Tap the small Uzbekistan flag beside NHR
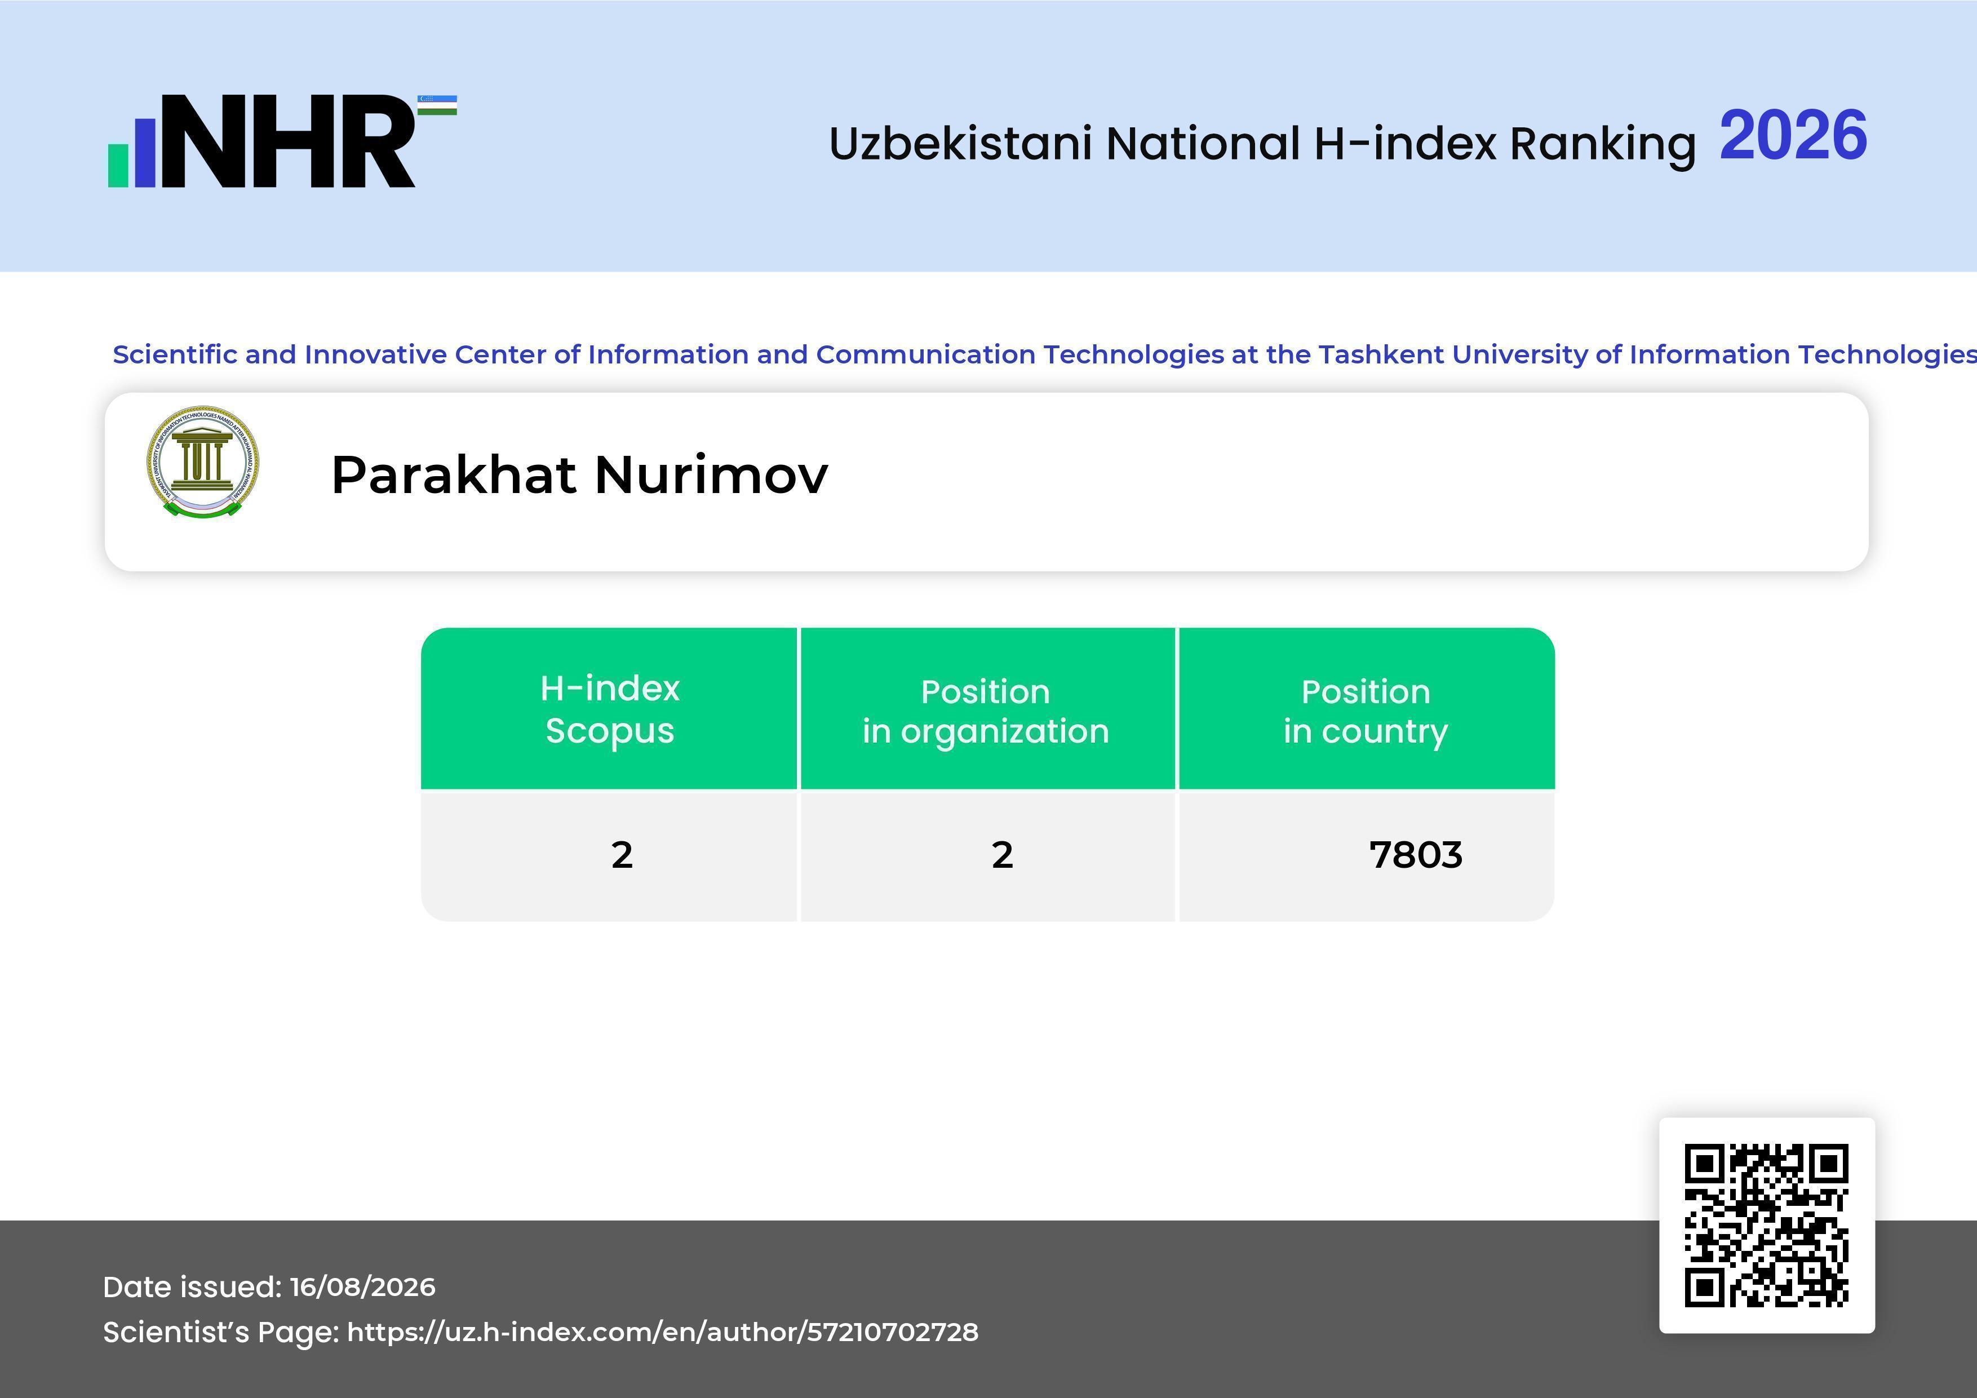click(437, 105)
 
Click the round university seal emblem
click(202, 462)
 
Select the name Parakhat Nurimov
click(579, 474)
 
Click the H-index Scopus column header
click(610, 709)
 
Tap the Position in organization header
click(986, 711)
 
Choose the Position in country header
click(1366, 711)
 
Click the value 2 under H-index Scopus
click(622, 855)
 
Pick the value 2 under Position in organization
click(1001, 855)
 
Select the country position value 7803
click(1416, 855)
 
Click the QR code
click(1767, 1225)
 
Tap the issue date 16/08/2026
click(362, 1287)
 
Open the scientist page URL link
click(662, 1333)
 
